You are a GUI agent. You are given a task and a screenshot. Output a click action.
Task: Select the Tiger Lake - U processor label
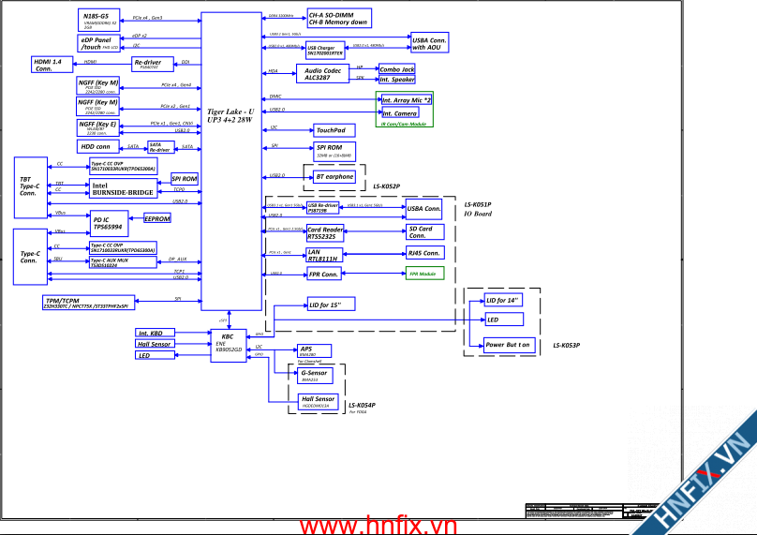[x=230, y=115]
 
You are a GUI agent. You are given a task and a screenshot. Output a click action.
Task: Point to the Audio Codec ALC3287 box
[x=321, y=74]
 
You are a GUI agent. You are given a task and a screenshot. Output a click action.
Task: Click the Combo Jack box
[x=397, y=69]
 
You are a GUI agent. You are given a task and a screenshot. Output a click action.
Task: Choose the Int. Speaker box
[x=397, y=81]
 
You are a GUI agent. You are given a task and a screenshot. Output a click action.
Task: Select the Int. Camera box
[x=400, y=113]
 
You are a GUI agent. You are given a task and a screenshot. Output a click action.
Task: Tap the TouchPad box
[x=330, y=130]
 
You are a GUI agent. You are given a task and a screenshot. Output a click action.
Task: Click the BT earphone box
[x=334, y=176]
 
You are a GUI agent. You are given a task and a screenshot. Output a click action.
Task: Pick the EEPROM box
[x=157, y=218]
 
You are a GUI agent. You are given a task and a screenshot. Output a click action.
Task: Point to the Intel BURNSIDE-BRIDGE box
[x=122, y=189]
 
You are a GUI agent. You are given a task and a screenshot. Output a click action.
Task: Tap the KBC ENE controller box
[x=228, y=342]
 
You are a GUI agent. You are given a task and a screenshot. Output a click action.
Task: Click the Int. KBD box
[x=156, y=333]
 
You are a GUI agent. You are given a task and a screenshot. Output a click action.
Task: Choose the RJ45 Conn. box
[x=424, y=253]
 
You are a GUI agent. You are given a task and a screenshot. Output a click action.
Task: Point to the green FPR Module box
[x=423, y=274]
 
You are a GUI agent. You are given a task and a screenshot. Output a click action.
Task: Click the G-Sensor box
[x=317, y=377]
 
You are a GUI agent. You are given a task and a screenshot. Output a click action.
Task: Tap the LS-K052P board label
[x=387, y=186]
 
